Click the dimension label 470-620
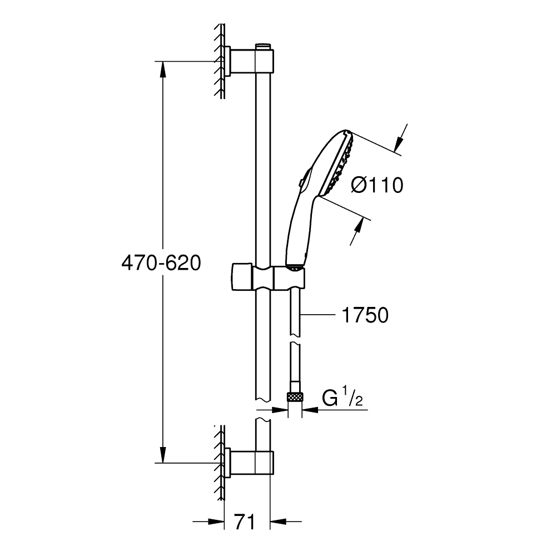[x=161, y=262]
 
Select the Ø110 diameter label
[x=378, y=185]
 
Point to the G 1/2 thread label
[x=342, y=399]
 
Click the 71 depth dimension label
[x=244, y=522]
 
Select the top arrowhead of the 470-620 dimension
[x=163, y=69]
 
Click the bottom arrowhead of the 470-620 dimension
[x=163, y=455]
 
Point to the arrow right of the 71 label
[x=278, y=522]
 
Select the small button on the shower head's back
[x=300, y=181]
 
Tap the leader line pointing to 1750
[x=320, y=315]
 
